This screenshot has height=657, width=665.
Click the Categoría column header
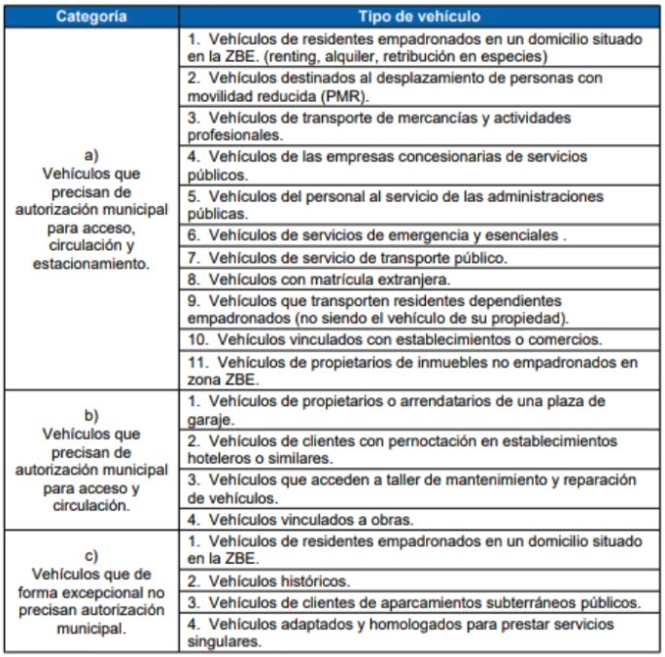click(90, 17)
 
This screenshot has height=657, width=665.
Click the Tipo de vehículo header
click(418, 17)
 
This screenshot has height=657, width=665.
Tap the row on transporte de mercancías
click(418, 126)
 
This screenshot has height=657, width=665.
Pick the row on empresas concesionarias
click(418, 165)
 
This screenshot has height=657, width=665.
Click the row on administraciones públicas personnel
click(418, 204)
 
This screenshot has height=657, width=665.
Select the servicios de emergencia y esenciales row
click(418, 235)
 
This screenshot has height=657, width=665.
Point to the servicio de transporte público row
click(418, 258)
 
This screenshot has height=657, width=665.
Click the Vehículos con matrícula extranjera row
click(418, 279)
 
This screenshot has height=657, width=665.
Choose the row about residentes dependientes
click(418, 309)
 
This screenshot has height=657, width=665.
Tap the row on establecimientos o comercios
click(418, 339)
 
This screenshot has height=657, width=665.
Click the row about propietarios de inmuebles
click(418, 370)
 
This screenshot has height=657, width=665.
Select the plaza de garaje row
click(418, 409)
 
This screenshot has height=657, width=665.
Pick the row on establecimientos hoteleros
click(418, 448)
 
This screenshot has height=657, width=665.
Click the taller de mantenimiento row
click(418, 488)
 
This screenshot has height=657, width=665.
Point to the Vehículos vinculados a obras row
click(418, 519)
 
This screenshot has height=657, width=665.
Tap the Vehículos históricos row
click(418, 580)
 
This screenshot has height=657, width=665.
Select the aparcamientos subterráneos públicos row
click(418, 603)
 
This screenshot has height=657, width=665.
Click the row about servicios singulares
click(418, 632)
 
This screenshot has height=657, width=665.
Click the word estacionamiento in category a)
click(91, 263)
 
